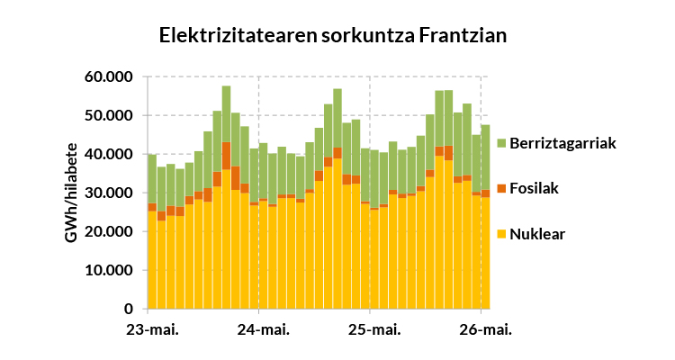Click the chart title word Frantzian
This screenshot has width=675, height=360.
[463, 35]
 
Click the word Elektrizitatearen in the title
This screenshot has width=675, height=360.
[238, 35]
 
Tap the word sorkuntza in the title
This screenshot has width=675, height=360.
[367, 35]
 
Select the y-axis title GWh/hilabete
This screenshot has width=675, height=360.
[71, 193]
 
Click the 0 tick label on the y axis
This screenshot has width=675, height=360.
[130, 310]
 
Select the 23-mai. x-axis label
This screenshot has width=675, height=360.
[152, 330]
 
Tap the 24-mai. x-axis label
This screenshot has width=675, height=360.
[264, 330]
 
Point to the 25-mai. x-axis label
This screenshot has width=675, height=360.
[374, 330]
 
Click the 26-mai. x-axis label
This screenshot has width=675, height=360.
[486, 330]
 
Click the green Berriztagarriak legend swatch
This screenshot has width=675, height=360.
[501, 143]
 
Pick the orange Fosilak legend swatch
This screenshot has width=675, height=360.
[501, 189]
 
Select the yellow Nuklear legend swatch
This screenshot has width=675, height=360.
[501, 235]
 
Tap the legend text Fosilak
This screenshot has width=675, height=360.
[534, 189]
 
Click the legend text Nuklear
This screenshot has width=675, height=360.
[537, 235]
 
